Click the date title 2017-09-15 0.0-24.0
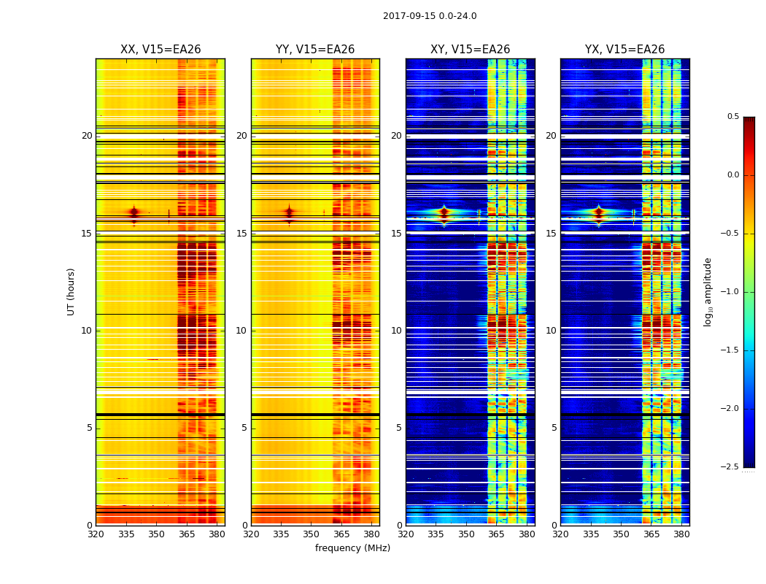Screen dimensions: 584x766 [430, 16]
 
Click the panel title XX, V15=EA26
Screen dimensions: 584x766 [160, 50]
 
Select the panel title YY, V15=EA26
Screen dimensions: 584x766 [315, 50]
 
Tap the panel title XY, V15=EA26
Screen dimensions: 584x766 [470, 50]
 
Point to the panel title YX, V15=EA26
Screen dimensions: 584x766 [624, 50]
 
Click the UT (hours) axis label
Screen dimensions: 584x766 [71, 291]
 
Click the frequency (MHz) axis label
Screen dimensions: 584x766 [352, 548]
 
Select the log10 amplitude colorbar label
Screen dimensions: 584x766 [708, 291]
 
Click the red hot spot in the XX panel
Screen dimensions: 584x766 [134, 213]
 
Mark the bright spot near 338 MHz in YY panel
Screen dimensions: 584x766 [289, 213]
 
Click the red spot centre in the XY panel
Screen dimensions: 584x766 [444, 214]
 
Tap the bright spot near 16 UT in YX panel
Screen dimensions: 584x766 [598, 213]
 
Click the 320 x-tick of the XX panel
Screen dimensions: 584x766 [96, 534]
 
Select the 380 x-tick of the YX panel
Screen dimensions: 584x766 [681, 534]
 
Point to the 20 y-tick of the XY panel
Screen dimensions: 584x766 [396, 136]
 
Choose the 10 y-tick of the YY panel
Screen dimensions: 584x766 [241, 331]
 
